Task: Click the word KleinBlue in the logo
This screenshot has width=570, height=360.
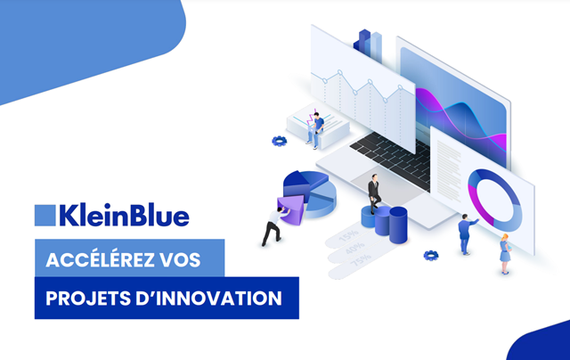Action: click(125, 216)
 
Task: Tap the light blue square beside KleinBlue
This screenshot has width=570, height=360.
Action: click(45, 216)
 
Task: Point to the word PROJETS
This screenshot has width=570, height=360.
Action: click(88, 299)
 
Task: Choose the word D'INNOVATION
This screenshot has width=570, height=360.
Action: click(208, 299)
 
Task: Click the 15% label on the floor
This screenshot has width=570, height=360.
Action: click(348, 236)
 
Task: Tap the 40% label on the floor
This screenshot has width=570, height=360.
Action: click(354, 249)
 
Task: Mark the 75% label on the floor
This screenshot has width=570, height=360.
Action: click(361, 260)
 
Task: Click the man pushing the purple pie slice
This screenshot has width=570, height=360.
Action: click(274, 225)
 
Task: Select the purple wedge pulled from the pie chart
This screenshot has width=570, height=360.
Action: click(290, 209)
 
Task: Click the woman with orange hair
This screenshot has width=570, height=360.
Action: click(505, 253)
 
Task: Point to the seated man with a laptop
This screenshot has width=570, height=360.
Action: click(315, 130)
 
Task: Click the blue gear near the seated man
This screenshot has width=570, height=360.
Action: click(279, 141)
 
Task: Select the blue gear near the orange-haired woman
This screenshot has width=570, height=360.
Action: click(431, 255)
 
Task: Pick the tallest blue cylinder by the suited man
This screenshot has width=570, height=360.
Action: click(398, 225)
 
